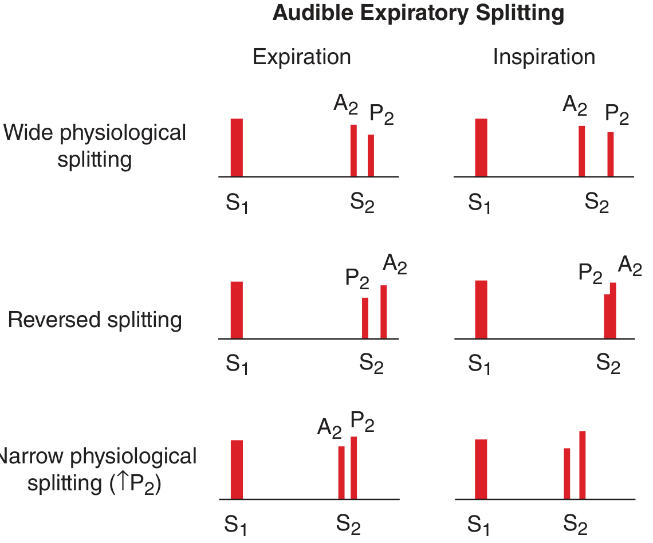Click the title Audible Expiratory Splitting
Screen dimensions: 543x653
[x=418, y=13]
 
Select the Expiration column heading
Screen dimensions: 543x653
[x=301, y=57]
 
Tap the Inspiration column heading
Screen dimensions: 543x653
[x=544, y=57]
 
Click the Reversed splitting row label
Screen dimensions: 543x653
[x=95, y=320]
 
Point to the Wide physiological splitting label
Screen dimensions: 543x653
[x=95, y=145]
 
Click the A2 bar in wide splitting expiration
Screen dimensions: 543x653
[x=353, y=151]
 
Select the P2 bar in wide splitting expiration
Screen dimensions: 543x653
[x=371, y=155]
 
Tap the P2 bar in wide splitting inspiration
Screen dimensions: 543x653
[x=611, y=154]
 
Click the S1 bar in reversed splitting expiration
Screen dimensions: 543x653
[x=237, y=310]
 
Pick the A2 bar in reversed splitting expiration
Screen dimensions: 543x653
[x=383, y=312]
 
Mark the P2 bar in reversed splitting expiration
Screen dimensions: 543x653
[x=365, y=318]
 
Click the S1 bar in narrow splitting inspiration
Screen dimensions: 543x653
[x=481, y=469]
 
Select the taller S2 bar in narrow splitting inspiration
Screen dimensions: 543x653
[x=582, y=465]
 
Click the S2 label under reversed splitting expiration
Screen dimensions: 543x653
[x=371, y=363]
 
